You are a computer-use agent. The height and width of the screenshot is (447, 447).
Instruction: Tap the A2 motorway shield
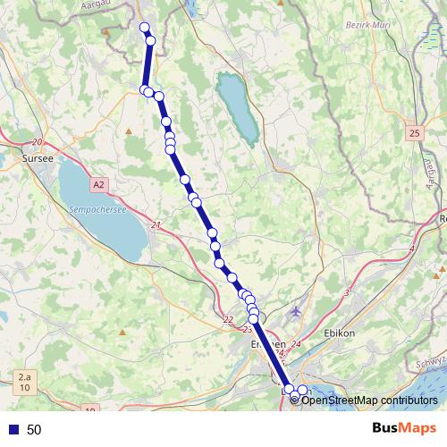tap(97, 183)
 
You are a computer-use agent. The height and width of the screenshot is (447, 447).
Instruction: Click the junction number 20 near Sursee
tap(37, 142)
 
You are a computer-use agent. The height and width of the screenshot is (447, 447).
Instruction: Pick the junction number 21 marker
tap(157, 225)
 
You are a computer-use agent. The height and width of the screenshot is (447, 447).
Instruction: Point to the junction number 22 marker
tap(228, 320)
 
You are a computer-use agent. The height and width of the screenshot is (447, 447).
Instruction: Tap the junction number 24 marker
tap(297, 344)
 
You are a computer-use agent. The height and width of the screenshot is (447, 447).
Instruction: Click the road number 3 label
tap(346, 292)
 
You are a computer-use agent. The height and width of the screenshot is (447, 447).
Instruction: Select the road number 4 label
tap(412, 248)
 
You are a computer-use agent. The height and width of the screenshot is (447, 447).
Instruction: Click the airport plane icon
tap(297, 311)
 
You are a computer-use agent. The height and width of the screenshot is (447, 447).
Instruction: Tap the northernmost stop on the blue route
tap(145, 27)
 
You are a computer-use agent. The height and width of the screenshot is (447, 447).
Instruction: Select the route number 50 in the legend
tap(34, 430)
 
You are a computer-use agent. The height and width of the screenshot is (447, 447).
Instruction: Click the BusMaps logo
tap(404, 429)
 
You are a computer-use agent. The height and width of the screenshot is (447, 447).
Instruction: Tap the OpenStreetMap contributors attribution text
tap(369, 400)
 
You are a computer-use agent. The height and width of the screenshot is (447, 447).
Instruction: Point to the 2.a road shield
tap(24, 379)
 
